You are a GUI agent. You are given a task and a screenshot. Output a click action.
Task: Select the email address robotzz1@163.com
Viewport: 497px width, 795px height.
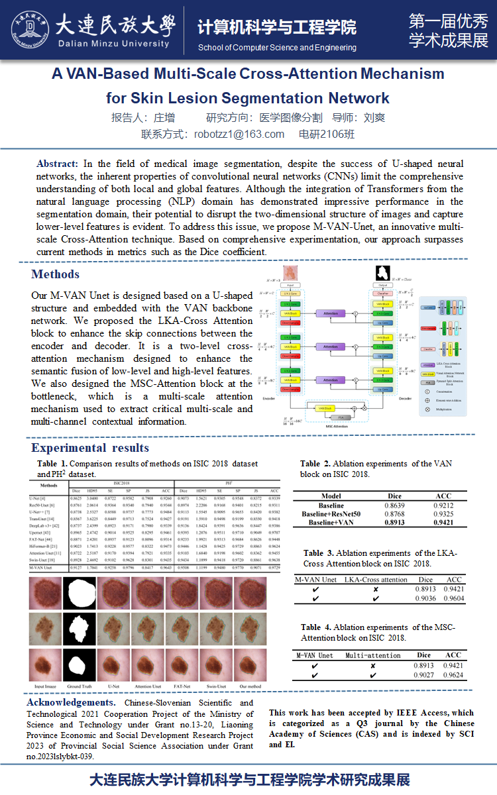[x=239, y=134]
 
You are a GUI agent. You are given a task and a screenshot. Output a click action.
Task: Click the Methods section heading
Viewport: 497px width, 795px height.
[x=55, y=274]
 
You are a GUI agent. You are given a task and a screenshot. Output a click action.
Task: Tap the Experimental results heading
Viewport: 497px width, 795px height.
[x=90, y=449]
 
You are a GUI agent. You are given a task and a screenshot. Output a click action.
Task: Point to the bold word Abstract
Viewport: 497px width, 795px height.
[x=57, y=164]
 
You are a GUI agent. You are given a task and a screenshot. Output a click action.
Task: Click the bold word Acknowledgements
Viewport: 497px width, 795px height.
[x=70, y=702]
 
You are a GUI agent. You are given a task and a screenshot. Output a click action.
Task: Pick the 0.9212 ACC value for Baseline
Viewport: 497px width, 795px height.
[x=443, y=506]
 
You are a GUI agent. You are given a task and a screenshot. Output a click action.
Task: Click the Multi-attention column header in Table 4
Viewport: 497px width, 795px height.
[x=373, y=655]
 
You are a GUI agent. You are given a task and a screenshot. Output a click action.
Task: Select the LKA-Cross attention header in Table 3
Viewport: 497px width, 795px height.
[x=376, y=579]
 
